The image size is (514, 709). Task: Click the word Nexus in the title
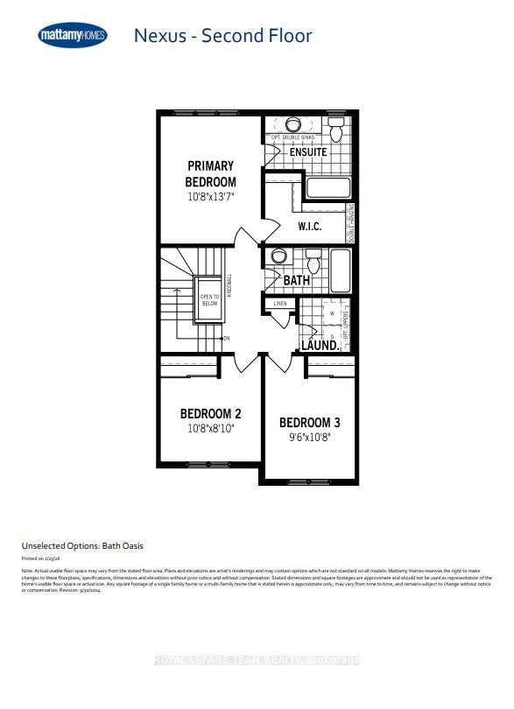tap(159, 36)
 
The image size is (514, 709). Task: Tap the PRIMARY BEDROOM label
tap(210, 173)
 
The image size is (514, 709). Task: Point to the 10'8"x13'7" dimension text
tap(210, 198)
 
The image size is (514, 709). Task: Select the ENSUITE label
tap(308, 152)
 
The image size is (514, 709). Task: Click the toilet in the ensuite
tap(336, 131)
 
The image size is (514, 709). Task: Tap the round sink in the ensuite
tap(293, 124)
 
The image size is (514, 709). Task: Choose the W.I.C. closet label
tap(309, 226)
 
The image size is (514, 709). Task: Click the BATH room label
tap(297, 281)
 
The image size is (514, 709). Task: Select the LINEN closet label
tap(280, 304)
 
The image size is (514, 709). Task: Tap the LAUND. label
tap(320, 346)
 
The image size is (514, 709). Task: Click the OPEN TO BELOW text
tap(210, 300)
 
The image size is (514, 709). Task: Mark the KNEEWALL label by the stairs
tap(229, 287)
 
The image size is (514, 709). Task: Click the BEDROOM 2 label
tap(210, 413)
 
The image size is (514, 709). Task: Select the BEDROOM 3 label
tap(309, 423)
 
